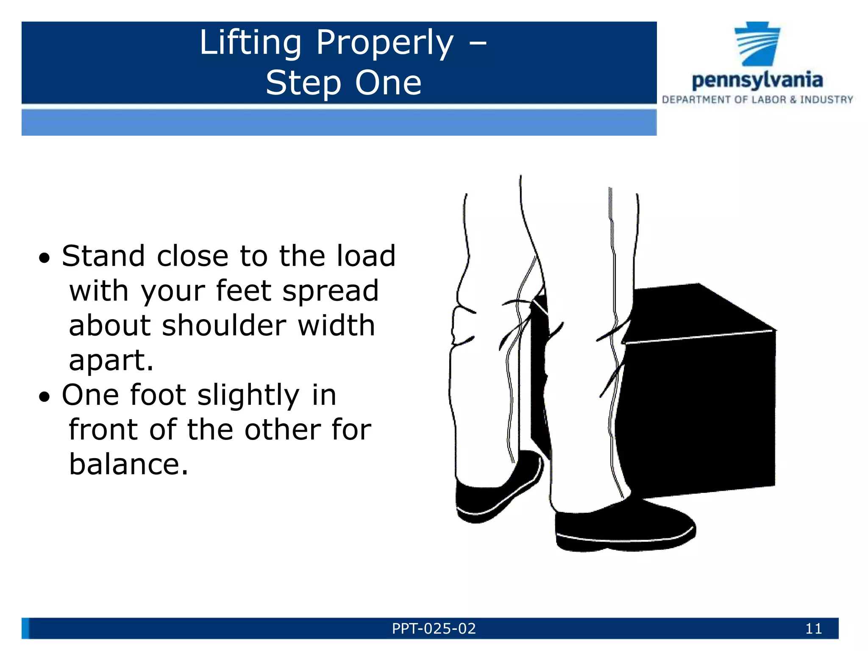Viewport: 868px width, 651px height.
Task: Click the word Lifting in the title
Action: [250, 43]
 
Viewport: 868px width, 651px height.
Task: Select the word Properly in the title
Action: [385, 44]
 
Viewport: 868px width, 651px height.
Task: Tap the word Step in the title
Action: [303, 83]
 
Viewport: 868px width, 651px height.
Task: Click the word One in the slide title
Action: [388, 83]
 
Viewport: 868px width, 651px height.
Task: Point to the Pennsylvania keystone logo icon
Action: [757, 44]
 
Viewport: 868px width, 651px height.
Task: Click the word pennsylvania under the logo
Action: [757, 80]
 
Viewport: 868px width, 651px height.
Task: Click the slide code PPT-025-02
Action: [434, 629]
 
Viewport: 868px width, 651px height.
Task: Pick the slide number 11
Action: [813, 629]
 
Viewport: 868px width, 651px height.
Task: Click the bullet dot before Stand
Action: [45, 258]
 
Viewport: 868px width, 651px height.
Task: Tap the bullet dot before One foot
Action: [45, 397]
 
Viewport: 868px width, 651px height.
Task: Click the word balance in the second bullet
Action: [128, 465]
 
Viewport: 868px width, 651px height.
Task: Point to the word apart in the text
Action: [111, 361]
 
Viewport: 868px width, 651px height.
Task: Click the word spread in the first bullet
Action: [331, 291]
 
